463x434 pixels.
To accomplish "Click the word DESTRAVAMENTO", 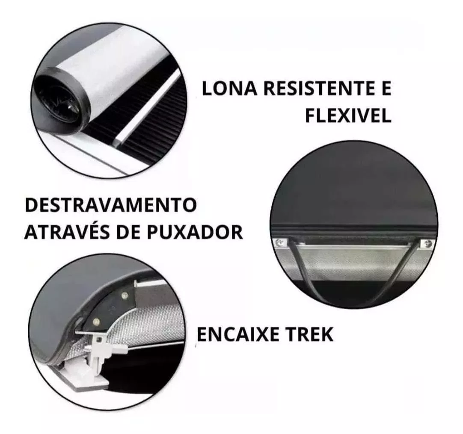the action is (x=111, y=205).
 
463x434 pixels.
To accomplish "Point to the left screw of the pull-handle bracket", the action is (x=279, y=242).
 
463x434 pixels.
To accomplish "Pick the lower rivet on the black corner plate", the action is (x=96, y=321).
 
